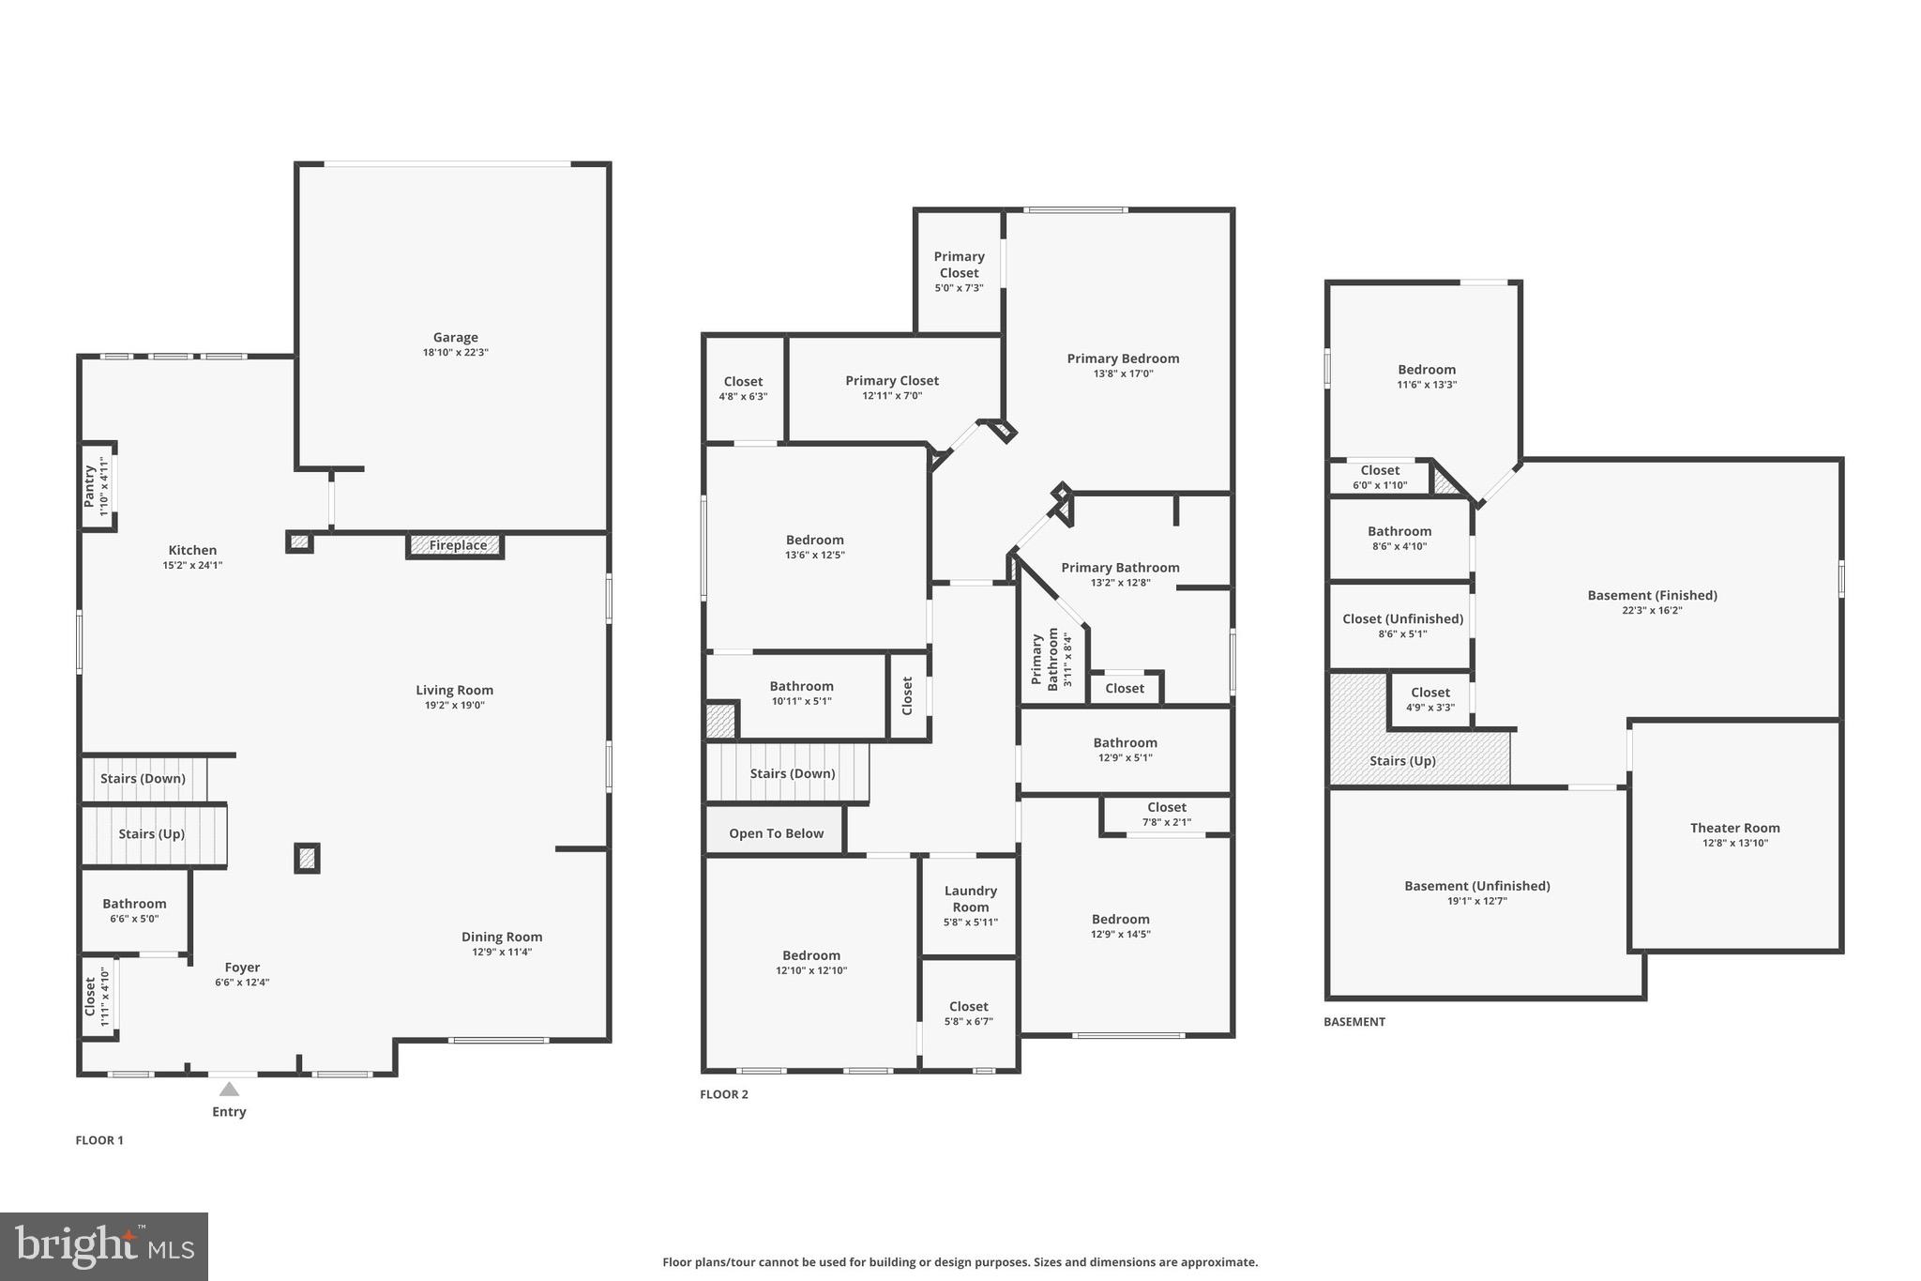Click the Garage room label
[455, 338]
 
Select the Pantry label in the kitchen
[90, 487]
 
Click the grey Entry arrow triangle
[229, 1090]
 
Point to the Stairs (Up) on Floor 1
[151, 834]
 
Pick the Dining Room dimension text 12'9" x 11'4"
[502, 952]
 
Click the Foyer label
[242, 968]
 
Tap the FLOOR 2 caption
[724, 1094]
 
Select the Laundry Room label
[970, 899]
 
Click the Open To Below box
[776, 833]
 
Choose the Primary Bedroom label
[1123, 358]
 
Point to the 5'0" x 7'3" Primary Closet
[959, 271]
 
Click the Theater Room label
[1734, 828]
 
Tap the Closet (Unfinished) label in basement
[1402, 619]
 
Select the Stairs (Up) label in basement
[1402, 761]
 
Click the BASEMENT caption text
[1354, 1022]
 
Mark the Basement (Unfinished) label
[1476, 886]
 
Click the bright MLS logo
[104, 1246]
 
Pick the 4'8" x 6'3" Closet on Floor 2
[743, 389]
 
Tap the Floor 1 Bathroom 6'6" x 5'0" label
[134, 904]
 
